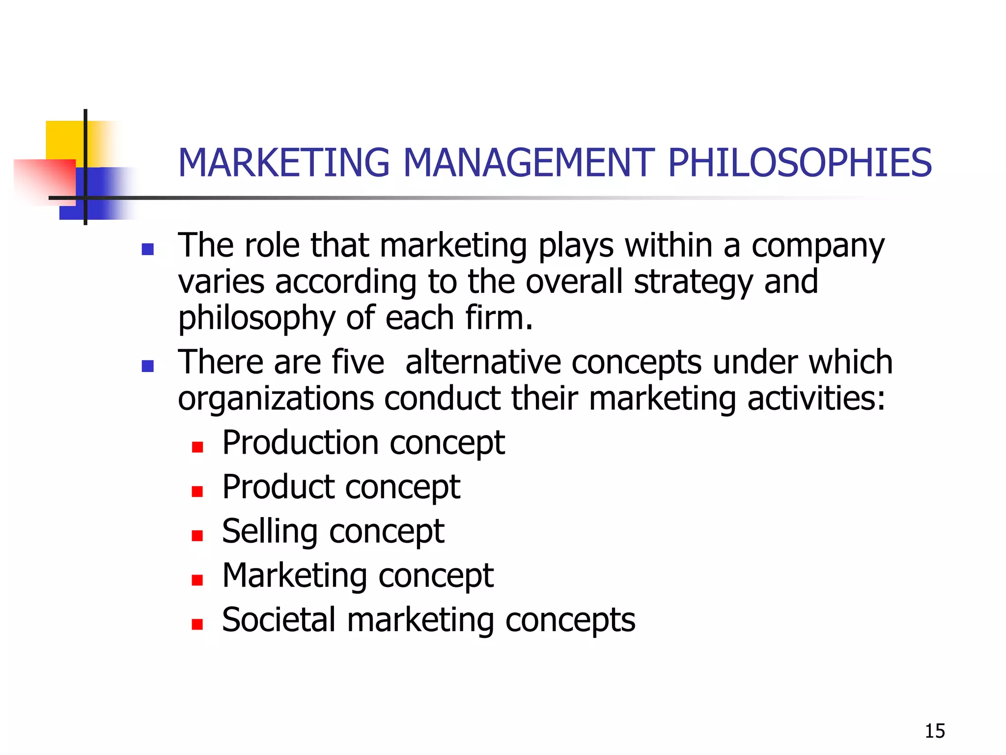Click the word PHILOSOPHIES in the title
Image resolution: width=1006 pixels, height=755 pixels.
pos(800,163)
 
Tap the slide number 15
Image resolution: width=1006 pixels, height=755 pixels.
pos(935,731)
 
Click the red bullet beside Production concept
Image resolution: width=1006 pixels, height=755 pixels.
pos(197,447)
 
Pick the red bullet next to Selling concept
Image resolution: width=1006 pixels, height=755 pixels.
pos(197,535)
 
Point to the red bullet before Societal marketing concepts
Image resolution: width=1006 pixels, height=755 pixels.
pos(197,624)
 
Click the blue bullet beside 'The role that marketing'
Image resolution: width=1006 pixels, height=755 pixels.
pos(147,249)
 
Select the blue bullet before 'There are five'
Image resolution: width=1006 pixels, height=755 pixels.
pos(147,366)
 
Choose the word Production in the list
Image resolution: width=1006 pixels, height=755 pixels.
pos(300,442)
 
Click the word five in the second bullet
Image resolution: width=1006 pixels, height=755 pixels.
pos(358,362)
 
